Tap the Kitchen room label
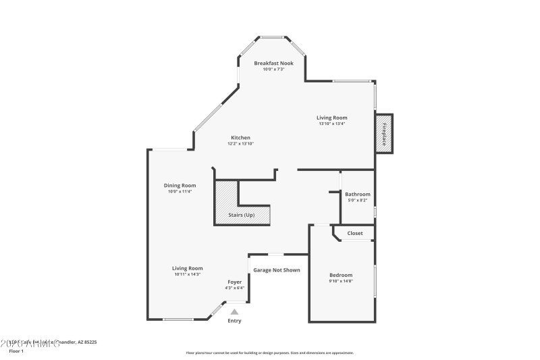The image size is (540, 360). (240, 137)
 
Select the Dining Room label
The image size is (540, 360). (180, 185)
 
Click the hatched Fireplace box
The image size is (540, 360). (383, 134)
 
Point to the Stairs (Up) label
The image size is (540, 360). (241, 215)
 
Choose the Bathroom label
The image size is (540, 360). (357, 194)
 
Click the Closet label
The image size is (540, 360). (354, 233)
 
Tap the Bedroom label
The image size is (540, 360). (341, 275)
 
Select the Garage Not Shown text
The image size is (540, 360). (276, 270)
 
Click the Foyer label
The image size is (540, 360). (234, 282)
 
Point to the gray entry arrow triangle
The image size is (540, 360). (234, 311)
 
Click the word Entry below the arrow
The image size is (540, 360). (234, 321)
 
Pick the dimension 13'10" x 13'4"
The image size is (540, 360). (331, 124)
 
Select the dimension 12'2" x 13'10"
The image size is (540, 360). (240, 143)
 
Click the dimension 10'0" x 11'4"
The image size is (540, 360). (180, 191)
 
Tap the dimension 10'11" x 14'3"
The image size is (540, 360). (187, 274)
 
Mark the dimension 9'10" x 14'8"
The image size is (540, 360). (341, 281)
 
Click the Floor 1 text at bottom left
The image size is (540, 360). (16, 352)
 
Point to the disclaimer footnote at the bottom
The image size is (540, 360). (269, 353)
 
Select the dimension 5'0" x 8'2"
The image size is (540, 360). (357, 200)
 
